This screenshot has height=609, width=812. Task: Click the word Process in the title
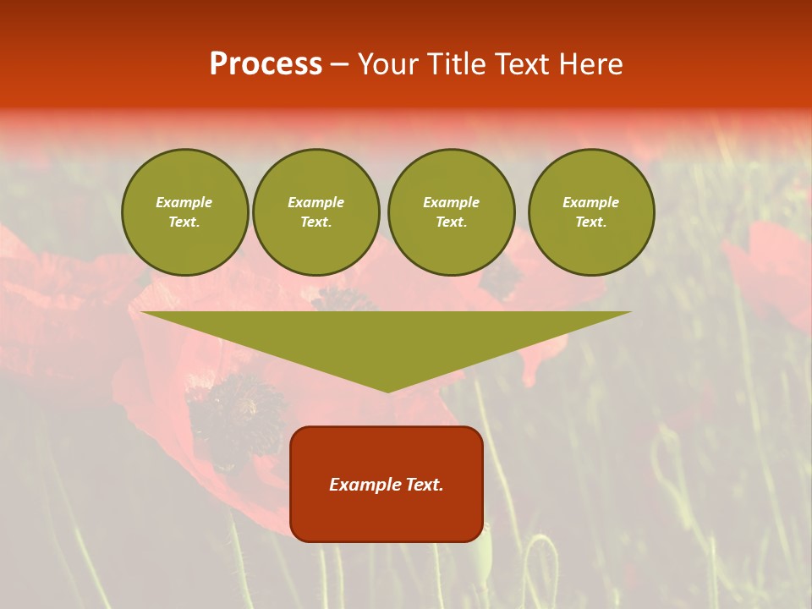click(x=266, y=64)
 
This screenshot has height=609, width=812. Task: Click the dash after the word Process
click(x=339, y=65)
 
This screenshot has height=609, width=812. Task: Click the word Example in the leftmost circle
click(x=184, y=202)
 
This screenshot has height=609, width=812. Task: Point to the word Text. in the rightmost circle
click(x=590, y=222)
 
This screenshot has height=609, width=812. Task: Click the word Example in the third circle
click(x=451, y=202)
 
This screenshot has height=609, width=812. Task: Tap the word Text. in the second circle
click(x=315, y=222)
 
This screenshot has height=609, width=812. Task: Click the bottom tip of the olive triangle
click(x=387, y=390)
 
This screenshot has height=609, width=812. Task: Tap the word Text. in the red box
click(x=424, y=485)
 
